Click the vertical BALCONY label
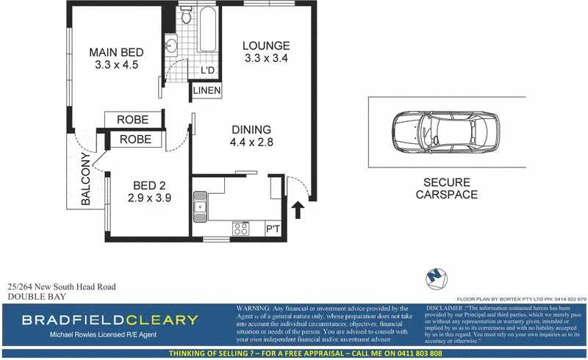pos(86,180)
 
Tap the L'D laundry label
pos(207,71)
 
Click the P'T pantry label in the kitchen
pos(273,228)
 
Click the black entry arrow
pos(298,212)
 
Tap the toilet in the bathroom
pos(186,15)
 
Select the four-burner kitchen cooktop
pos(241,228)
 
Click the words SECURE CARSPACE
pos(446,189)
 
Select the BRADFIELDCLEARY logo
pos(110,320)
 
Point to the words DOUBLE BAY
pos(37,297)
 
